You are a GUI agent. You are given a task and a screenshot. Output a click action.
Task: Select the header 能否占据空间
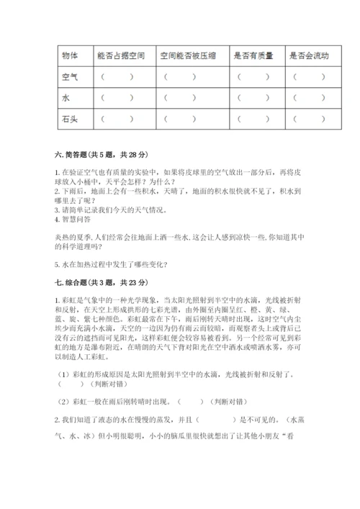(116, 55)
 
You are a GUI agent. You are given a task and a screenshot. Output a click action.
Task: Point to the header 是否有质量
(250, 55)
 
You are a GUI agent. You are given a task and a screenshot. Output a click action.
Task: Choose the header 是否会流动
(308, 55)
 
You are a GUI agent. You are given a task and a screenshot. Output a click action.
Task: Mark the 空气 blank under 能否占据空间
(117, 76)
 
